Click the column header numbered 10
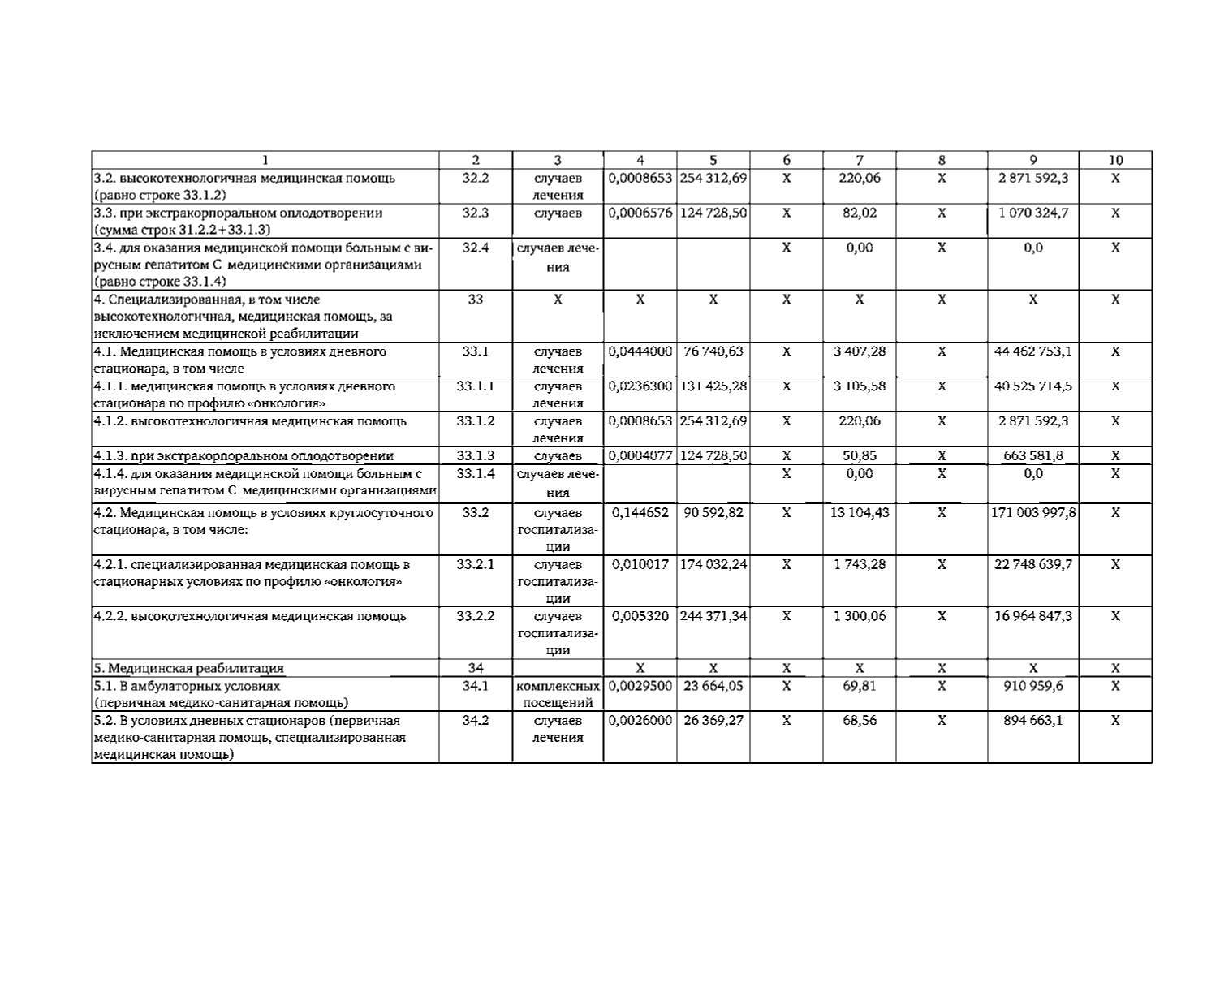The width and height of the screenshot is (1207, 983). [x=1115, y=160]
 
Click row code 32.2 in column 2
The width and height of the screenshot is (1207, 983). [x=476, y=178]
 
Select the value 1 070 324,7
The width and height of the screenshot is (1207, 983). [x=1032, y=213]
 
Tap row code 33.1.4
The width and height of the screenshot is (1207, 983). [x=476, y=473]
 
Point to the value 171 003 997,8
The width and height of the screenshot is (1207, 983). [x=1033, y=512]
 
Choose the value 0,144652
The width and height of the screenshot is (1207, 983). [x=640, y=512]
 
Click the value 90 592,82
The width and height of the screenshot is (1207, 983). [x=713, y=512]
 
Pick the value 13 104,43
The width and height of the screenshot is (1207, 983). [x=860, y=512]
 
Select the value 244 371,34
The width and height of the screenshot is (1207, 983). [x=713, y=616]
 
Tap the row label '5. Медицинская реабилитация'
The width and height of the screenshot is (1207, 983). [x=189, y=668]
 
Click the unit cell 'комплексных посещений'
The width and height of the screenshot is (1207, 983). [x=558, y=694]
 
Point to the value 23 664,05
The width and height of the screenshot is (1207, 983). [x=713, y=685]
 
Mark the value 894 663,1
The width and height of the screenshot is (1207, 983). [x=1032, y=720]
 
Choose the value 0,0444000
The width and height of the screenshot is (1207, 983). [x=640, y=351]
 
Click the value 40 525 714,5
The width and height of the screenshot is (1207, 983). [x=1032, y=386]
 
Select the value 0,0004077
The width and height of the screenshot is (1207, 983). [x=640, y=455]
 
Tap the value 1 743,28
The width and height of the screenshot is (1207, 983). [x=860, y=564]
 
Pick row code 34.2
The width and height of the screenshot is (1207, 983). [x=476, y=720]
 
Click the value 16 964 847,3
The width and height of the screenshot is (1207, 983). [x=1032, y=616]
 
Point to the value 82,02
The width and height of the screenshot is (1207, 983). [x=860, y=213]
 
